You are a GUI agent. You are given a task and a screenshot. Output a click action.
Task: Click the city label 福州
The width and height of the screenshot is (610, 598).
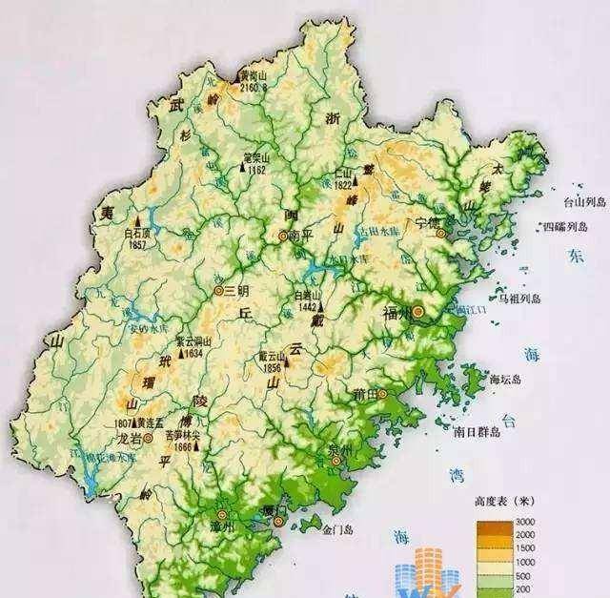396,313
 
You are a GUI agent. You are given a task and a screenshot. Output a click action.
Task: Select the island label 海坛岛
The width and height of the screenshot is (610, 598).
506,380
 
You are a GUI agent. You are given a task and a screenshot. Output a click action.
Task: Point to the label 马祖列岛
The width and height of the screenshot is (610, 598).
517,297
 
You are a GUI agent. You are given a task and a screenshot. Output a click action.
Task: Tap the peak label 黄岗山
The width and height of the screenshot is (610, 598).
254,73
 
